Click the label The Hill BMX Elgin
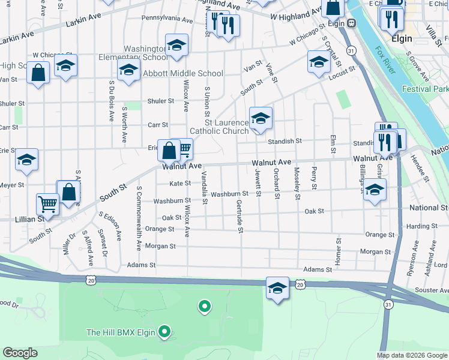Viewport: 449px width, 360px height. (121, 332)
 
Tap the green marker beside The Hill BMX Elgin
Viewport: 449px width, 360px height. (164, 332)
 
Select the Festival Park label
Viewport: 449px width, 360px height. (426, 89)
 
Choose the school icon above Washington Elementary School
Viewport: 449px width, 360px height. (176, 45)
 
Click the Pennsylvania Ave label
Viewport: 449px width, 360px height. (167, 20)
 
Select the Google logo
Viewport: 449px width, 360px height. (21, 353)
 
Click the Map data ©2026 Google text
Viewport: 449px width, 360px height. (411, 355)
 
